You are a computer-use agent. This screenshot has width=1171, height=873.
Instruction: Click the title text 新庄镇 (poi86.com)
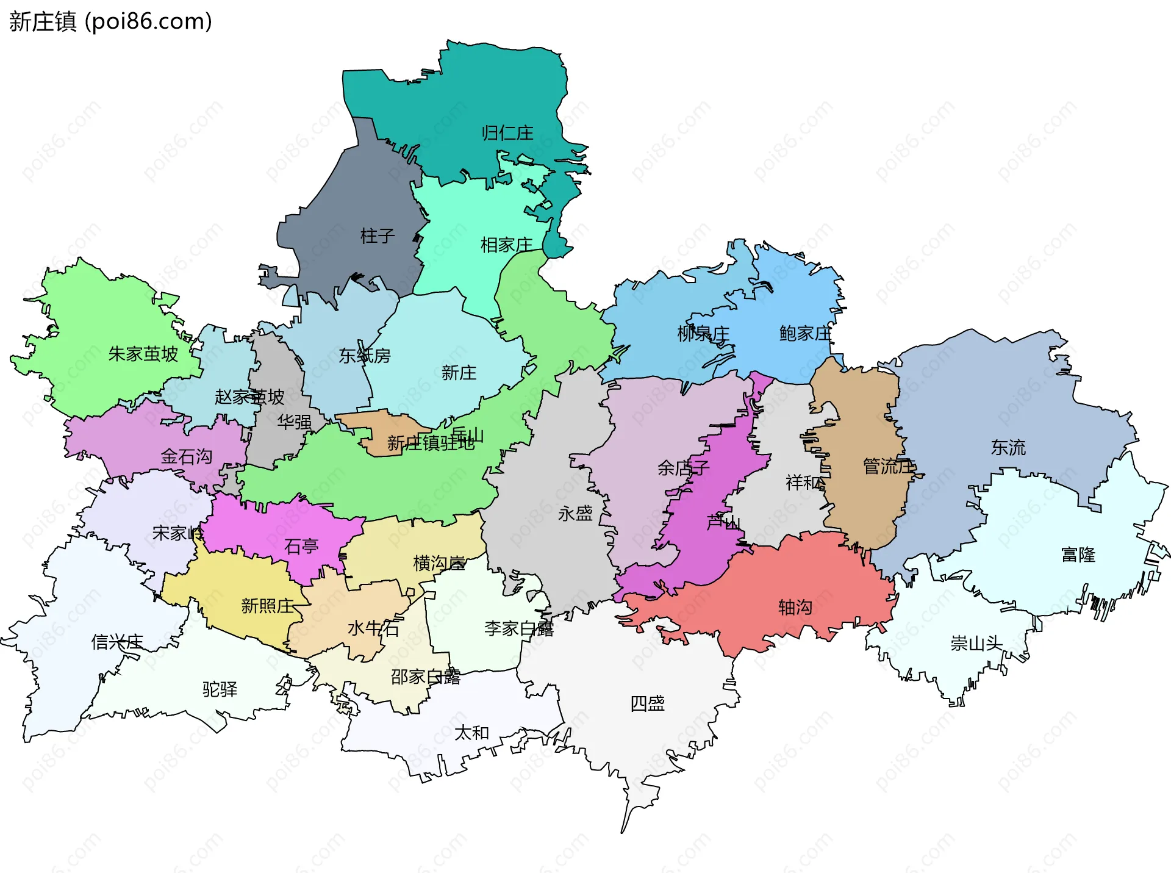click(x=110, y=21)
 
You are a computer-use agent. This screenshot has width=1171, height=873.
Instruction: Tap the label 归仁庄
click(x=507, y=133)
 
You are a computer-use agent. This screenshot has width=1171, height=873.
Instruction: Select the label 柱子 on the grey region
click(x=378, y=235)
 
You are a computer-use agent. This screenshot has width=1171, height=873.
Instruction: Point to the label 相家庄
click(x=506, y=245)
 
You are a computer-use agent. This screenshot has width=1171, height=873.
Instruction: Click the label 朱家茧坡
click(x=143, y=354)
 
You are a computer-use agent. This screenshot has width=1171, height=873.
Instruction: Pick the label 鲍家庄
click(x=805, y=333)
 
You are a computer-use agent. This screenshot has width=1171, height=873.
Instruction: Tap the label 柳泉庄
click(x=703, y=334)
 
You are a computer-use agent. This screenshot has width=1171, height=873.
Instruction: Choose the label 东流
click(x=1008, y=448)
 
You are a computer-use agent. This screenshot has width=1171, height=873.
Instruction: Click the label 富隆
click(x=1078, y=555)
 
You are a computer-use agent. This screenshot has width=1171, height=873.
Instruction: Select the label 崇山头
click(x=976, y=643)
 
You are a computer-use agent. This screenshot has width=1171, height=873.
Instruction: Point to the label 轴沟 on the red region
click(x=795, y=607)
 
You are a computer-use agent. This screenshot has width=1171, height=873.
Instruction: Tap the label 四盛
click(x=647, y=703)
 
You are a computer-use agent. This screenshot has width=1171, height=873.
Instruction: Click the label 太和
click(x=471, y=733)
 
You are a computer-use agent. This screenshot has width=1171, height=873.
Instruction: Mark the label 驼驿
click(x=220, y=689)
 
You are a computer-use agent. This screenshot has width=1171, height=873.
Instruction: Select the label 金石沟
click(x=186, y=456)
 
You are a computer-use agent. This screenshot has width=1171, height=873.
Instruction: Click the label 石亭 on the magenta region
click(x=301, y=546)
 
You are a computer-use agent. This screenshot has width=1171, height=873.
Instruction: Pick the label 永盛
click(x=575, y=513)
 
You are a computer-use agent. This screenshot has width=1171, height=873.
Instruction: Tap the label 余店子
click(x=683, y=468)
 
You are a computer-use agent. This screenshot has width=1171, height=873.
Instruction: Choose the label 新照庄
click(x=267, y=606)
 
